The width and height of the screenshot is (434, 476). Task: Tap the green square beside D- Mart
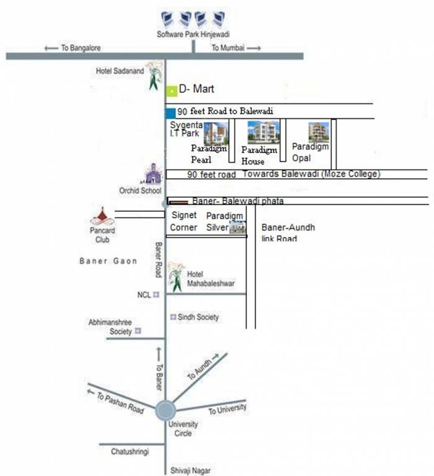coord(171,91)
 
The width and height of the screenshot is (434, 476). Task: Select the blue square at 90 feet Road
coord(170,112)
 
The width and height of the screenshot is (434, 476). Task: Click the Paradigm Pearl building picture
coord(216,133)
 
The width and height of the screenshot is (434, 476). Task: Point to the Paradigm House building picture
coord(263,132)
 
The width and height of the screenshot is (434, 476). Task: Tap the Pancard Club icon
coord(102,215)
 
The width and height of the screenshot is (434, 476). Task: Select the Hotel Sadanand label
coord(119,71)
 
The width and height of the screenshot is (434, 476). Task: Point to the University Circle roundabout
coord(165,410)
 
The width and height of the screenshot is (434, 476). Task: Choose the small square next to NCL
coord(156,295)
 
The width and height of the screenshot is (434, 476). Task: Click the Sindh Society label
coord(198,317)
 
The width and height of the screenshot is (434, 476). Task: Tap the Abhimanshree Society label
coord(110,327)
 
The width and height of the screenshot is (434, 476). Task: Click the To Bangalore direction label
coord(74,48)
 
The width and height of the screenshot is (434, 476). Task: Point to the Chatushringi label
coord(130,452)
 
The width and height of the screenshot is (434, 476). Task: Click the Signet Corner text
coord(183,221)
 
